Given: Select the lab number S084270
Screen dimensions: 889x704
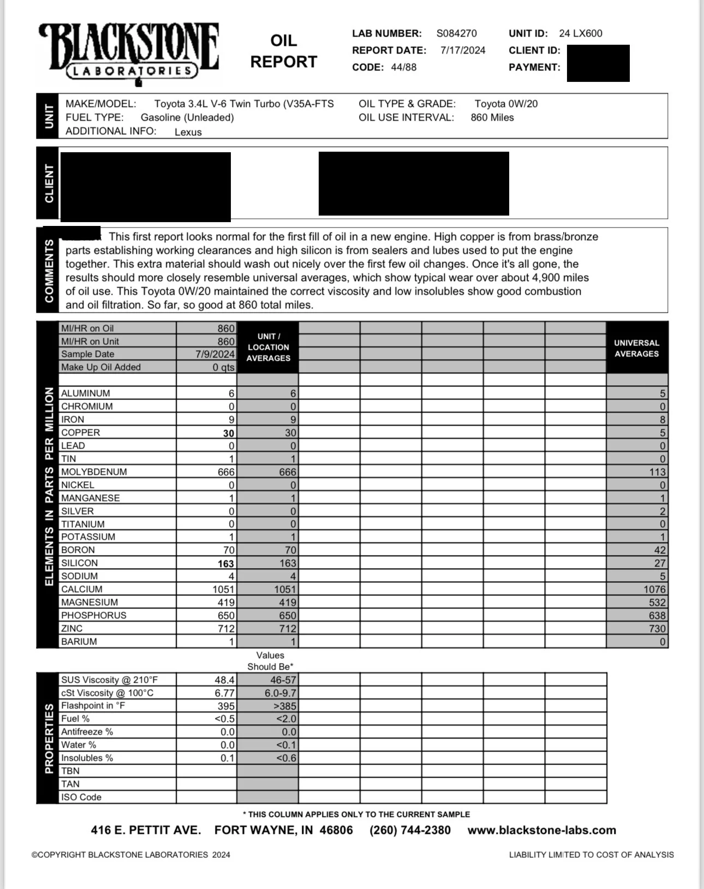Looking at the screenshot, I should (x=456, y=33).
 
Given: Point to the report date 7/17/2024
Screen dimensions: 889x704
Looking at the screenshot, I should (x=463, y=50).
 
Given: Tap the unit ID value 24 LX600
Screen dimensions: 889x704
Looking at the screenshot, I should (x=581, y=33).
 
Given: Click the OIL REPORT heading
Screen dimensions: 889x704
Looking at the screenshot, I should (x=283, y=51).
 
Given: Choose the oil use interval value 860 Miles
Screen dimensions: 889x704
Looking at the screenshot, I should (x=492, y=117).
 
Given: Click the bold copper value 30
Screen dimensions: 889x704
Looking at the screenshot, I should (x=229, y=433).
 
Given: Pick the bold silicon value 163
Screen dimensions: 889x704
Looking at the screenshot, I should (x=226, y=564).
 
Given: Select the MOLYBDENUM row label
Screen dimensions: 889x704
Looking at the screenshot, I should (x=94, y=472).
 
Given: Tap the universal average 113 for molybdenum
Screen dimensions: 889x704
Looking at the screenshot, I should (x=657, y=472).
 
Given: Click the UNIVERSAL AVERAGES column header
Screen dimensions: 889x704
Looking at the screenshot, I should (x=636, y=348).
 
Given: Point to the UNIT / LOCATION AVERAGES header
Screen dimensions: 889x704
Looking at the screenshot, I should (x=268, y=347).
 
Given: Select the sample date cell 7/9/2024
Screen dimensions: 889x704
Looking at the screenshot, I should (x=215, y=354).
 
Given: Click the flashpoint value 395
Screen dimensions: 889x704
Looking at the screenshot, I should (x=226, y=706).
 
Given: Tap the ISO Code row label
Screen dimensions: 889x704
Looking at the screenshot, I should (x=81, y=797).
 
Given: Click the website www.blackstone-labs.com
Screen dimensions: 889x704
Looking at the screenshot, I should (x=541, y=830).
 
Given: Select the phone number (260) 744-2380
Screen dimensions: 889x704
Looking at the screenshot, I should (x=410, y=830).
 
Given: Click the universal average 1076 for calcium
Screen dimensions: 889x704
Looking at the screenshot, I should (x=654, y=589).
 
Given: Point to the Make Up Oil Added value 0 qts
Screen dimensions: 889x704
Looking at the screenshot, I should (x=224, y=367).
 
